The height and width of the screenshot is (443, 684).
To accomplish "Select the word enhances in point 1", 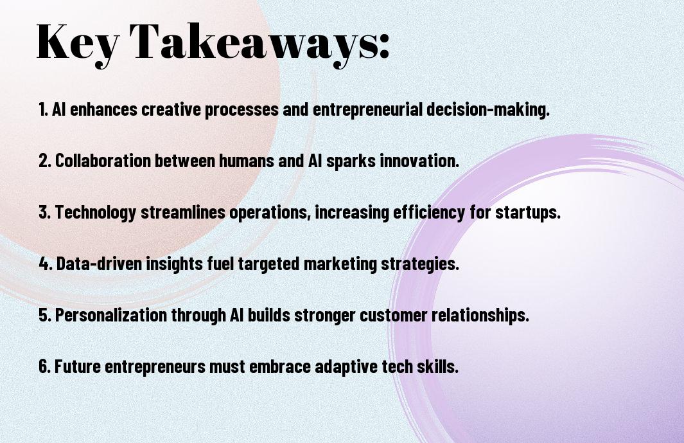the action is [103, 109].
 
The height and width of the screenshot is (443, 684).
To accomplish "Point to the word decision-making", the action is [487, 110].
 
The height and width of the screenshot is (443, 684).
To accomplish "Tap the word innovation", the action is [419, 161].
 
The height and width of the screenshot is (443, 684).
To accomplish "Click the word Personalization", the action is [111, 315].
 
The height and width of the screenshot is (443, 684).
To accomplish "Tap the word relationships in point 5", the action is [480, 316].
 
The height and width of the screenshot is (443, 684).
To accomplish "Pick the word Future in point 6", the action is [78, 366].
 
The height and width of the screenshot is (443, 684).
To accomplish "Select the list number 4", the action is [46, 264].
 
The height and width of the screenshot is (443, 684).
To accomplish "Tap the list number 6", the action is [44, 366].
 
